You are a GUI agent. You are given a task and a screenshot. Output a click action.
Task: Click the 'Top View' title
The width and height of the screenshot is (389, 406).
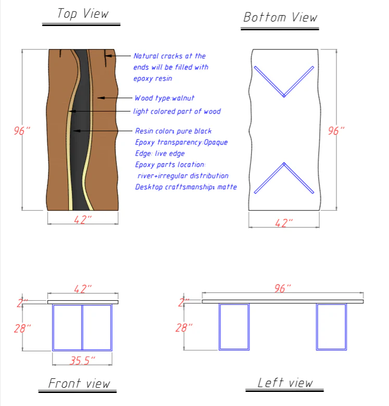coord(83,13)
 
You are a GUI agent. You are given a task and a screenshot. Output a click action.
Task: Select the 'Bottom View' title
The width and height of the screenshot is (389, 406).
coord(280,17)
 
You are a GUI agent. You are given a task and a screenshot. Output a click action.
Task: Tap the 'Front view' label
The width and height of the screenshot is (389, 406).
coord(79,384)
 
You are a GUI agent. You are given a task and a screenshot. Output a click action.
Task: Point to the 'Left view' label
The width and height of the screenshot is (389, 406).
coord(285,383)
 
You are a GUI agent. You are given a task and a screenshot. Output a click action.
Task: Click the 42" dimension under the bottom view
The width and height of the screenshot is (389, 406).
coord(284,223)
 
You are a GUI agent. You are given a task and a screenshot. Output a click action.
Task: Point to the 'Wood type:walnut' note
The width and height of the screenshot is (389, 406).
coord(165,98)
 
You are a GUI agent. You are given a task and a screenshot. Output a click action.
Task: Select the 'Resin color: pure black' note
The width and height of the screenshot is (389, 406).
coord(173,131)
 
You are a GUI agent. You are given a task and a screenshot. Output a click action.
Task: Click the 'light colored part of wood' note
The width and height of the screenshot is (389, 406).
coord(177,111)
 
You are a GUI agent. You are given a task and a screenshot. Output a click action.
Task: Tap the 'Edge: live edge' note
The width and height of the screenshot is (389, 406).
coord(159,153)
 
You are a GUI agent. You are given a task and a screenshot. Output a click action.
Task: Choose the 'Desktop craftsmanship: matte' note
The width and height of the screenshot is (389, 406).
coord(186,187)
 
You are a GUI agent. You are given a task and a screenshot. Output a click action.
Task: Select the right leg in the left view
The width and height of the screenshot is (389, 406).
coord(331,327)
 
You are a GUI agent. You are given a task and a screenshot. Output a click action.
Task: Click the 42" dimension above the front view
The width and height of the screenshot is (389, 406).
coord(83,289)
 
